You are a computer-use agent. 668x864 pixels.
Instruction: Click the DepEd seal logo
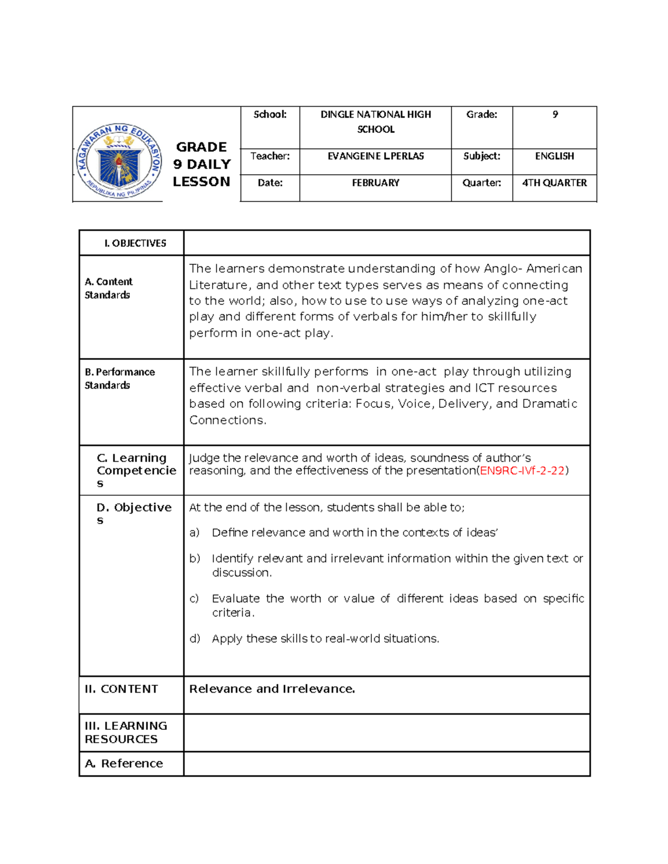coord(119,161)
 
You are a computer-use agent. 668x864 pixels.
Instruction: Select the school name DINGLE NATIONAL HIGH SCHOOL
coord(376,122)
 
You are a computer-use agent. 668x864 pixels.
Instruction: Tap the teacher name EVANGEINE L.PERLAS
coord(376,156)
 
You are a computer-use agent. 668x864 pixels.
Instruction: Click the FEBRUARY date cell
coord(376,183)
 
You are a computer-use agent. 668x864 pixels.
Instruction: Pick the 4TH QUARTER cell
coord(554,183)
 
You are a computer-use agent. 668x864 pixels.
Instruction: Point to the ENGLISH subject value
coord(554,156)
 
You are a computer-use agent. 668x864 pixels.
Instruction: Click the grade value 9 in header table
coord(555,115)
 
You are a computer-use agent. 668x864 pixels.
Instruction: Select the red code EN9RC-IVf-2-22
coord(522,471)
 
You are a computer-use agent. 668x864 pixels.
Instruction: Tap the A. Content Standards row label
coord(109,288)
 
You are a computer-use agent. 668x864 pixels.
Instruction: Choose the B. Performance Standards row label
coord(120,378)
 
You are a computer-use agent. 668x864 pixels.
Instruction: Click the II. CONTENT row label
coord(121,689)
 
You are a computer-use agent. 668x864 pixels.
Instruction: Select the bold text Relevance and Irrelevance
coord(272,689)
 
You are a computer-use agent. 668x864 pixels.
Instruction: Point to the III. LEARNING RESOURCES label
coord(126,732)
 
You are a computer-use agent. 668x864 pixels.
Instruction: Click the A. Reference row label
coord(124,764)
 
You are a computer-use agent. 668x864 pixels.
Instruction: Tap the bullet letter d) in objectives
coord(194,639)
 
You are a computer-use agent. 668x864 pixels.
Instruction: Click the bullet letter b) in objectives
coord(194,559)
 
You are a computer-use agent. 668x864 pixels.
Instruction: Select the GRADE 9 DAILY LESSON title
coord(202,164)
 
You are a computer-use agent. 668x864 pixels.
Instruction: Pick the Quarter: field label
coord(482,183)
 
